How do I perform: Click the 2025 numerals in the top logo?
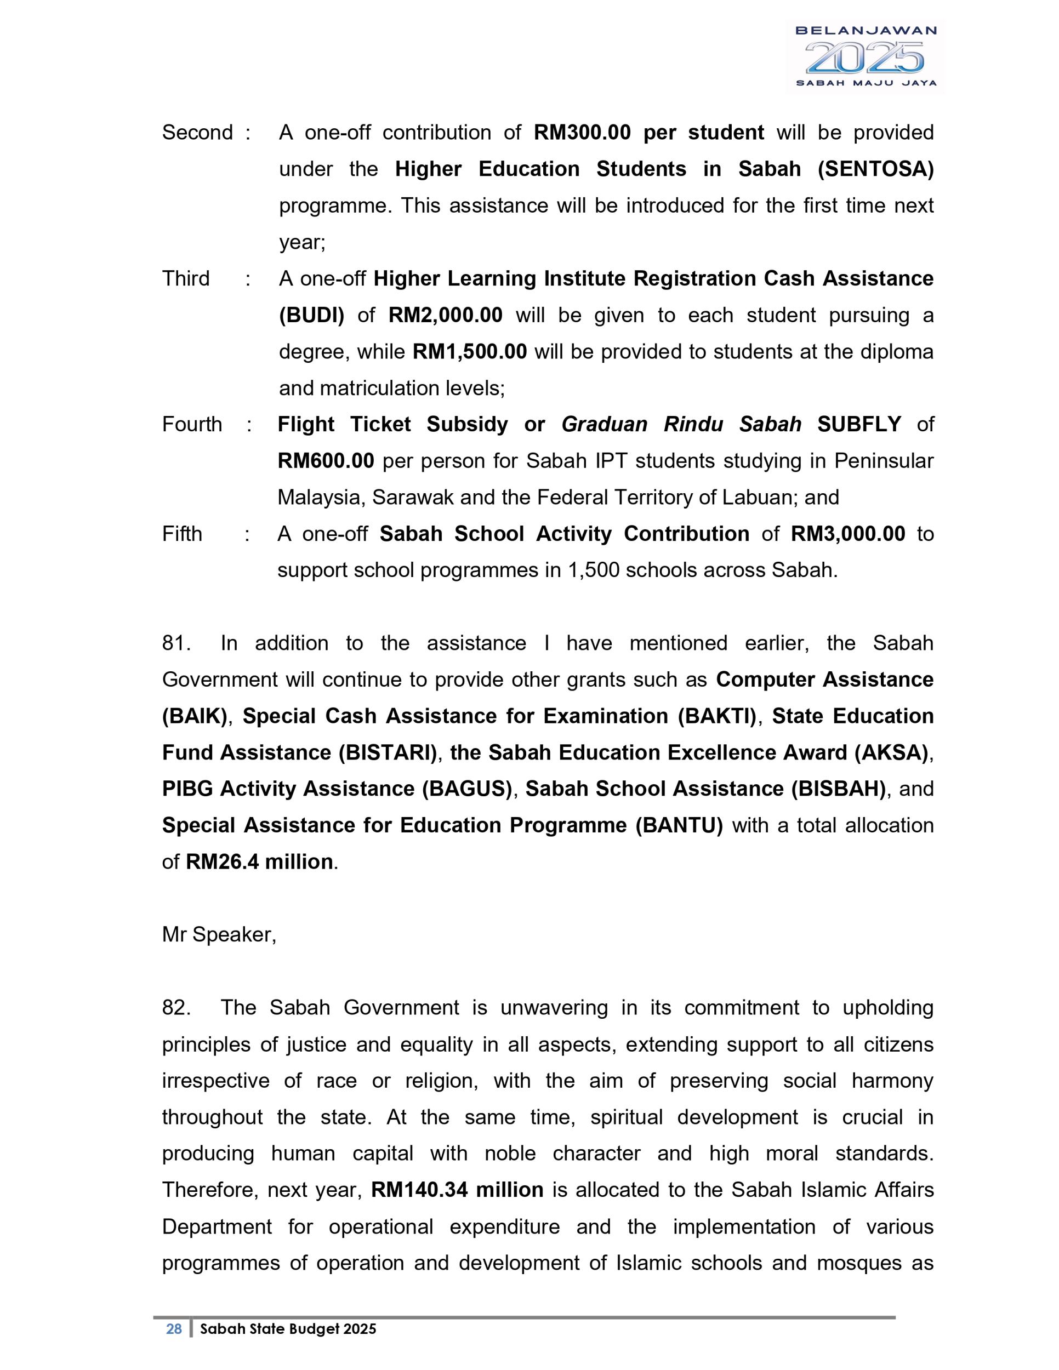865,58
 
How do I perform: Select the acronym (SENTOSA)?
875,169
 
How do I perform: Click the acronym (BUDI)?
312,315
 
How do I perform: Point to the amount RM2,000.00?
446,315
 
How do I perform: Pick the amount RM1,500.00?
469,351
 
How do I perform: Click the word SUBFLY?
859,424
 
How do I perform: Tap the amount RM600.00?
326,460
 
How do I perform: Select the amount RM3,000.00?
847,533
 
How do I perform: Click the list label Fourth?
192,424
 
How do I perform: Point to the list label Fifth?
182,533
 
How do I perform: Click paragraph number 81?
175,643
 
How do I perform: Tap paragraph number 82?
175,1007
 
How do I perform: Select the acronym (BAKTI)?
717,716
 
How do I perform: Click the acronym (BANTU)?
679,825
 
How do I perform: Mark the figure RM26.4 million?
259,861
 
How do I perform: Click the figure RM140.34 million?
457,1189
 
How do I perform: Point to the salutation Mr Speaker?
219,935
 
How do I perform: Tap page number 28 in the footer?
174,1328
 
